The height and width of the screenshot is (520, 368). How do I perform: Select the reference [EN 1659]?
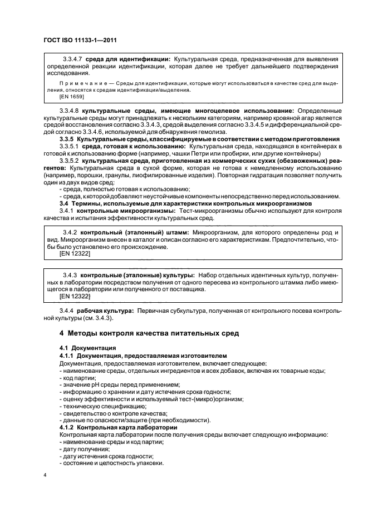tap(72, 97)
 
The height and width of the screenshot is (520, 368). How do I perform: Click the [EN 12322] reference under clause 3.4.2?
tap(75, 253)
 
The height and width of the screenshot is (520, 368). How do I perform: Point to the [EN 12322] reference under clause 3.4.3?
tap(75, 297)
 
